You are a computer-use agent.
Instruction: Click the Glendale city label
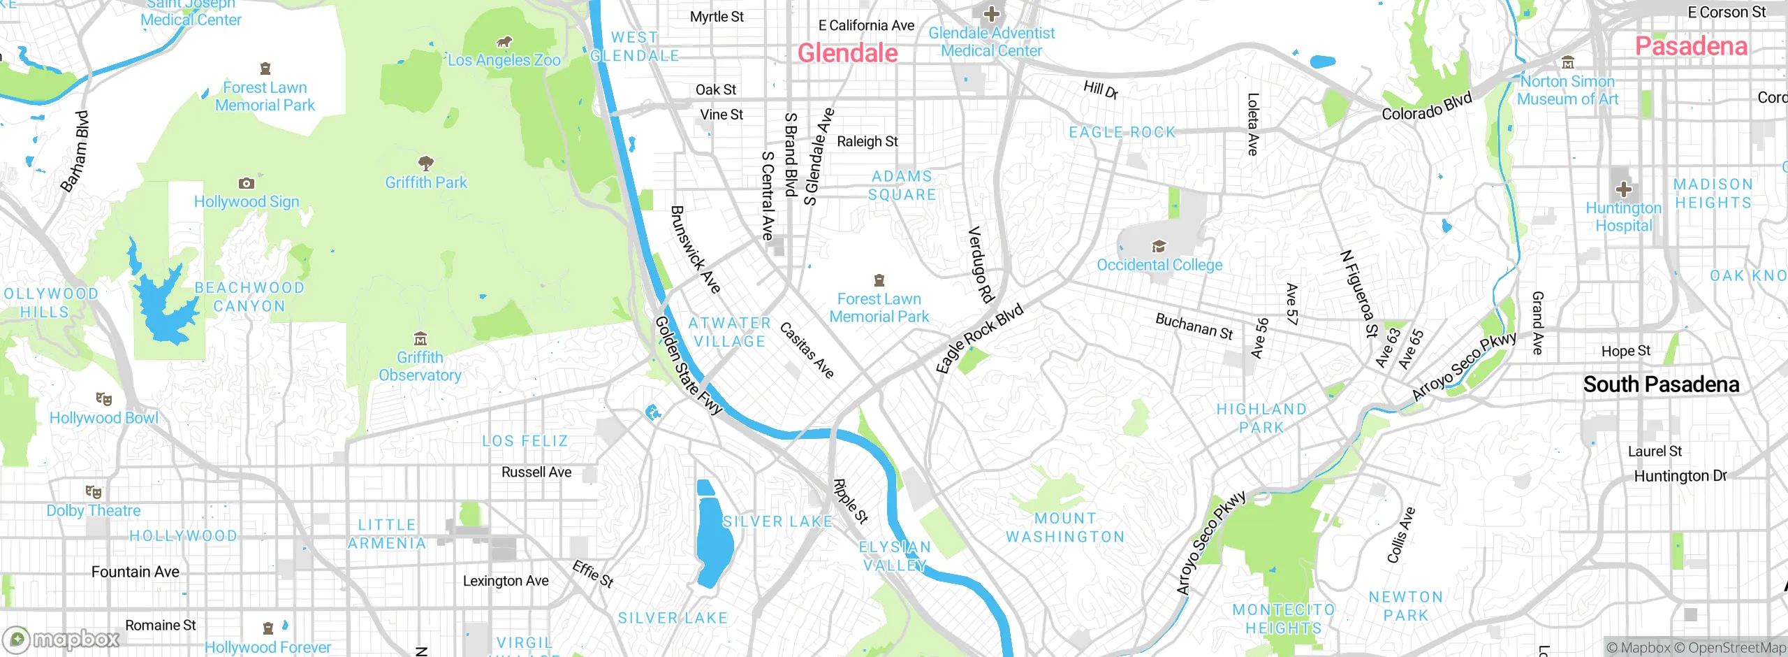[847, 53]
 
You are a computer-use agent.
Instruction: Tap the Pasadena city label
[1691, 47]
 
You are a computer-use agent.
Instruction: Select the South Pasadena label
[1661, 384]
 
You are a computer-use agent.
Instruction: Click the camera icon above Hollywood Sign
[246, 183]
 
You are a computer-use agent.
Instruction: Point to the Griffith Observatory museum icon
[420, 340]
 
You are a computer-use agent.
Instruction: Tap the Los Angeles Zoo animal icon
[504, 42]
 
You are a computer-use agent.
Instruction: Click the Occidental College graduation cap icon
[1159, 246]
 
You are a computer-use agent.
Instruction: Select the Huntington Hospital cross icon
[1624, 189]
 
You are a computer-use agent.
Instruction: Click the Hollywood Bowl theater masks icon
[104, 399]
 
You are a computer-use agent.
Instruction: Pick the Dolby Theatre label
[94, 511]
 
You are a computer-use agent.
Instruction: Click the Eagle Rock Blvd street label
[979, 338]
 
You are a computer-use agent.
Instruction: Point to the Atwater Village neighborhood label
[729, 333]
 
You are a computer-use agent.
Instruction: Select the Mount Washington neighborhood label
[1065, 528]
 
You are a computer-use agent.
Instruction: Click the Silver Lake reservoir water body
[714, 538]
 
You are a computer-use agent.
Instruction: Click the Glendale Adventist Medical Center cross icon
[991, 13]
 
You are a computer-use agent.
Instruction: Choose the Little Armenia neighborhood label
[387, 534]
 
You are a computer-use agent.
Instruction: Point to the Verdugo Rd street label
[981, 264]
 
